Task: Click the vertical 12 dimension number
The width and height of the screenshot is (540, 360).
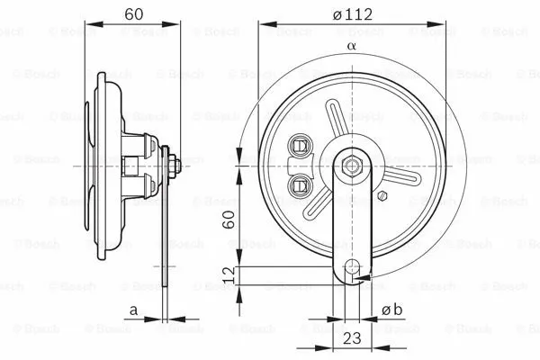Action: (229, 274)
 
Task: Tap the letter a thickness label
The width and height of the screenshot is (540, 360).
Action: (132, 310)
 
